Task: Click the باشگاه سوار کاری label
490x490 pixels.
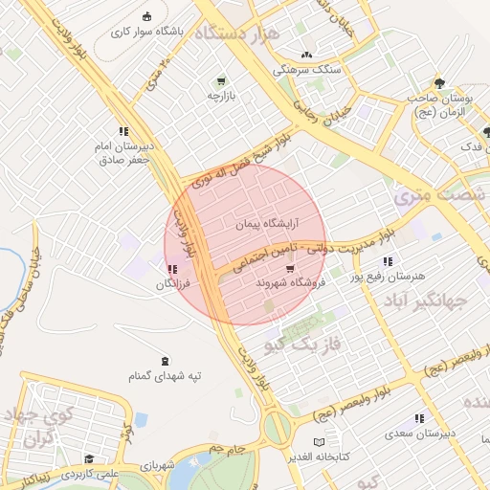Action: tap(146, 32)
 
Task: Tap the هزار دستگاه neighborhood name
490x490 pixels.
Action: tap(238, 33)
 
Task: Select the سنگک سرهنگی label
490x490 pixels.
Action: tap(305, 70)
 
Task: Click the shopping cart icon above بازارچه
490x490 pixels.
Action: tap(221, 80)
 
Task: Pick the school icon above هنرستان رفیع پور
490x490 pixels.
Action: tap(388, 261)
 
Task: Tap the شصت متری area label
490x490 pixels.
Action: tap(419, 197)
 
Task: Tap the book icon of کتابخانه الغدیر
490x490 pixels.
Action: tap(320, 442)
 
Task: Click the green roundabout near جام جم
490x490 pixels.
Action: tap(277, 428)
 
